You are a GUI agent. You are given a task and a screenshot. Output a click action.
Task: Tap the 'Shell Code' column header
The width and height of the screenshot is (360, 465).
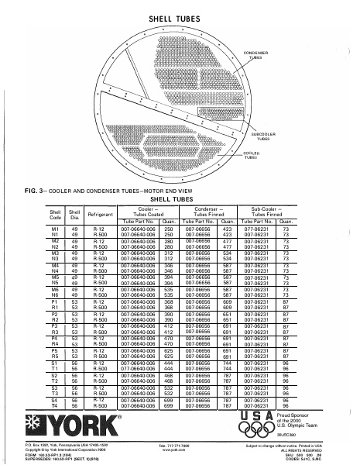tap(56, 213)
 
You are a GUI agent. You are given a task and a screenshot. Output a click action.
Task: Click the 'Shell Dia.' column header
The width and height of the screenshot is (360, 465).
tap(75, 213)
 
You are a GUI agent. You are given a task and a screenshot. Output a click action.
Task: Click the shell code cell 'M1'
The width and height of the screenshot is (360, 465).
tap(56, 229)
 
